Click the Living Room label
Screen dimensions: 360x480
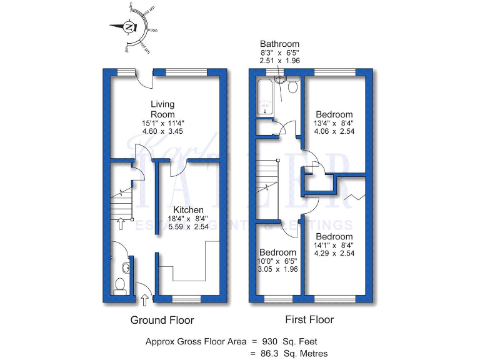162,109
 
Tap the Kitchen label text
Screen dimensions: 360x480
188,210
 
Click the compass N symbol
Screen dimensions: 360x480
129,27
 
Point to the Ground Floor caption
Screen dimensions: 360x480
162,320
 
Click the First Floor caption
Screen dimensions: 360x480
309,319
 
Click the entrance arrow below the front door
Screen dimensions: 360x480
146,300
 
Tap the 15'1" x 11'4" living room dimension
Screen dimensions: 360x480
162,124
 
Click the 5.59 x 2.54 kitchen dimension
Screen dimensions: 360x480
188,228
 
